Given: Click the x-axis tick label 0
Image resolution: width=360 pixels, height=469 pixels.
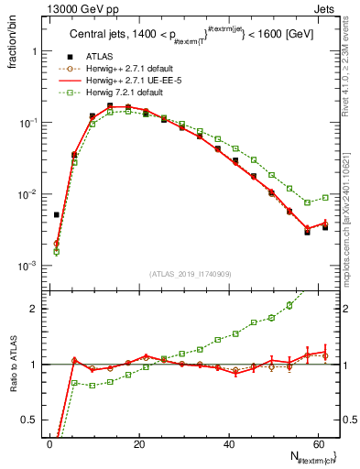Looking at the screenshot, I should tap(49, 443).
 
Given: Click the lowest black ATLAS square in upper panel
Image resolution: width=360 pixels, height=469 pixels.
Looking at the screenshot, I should tap(308, 232).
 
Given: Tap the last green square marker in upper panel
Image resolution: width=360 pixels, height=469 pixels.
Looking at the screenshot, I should tap(325, 197).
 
